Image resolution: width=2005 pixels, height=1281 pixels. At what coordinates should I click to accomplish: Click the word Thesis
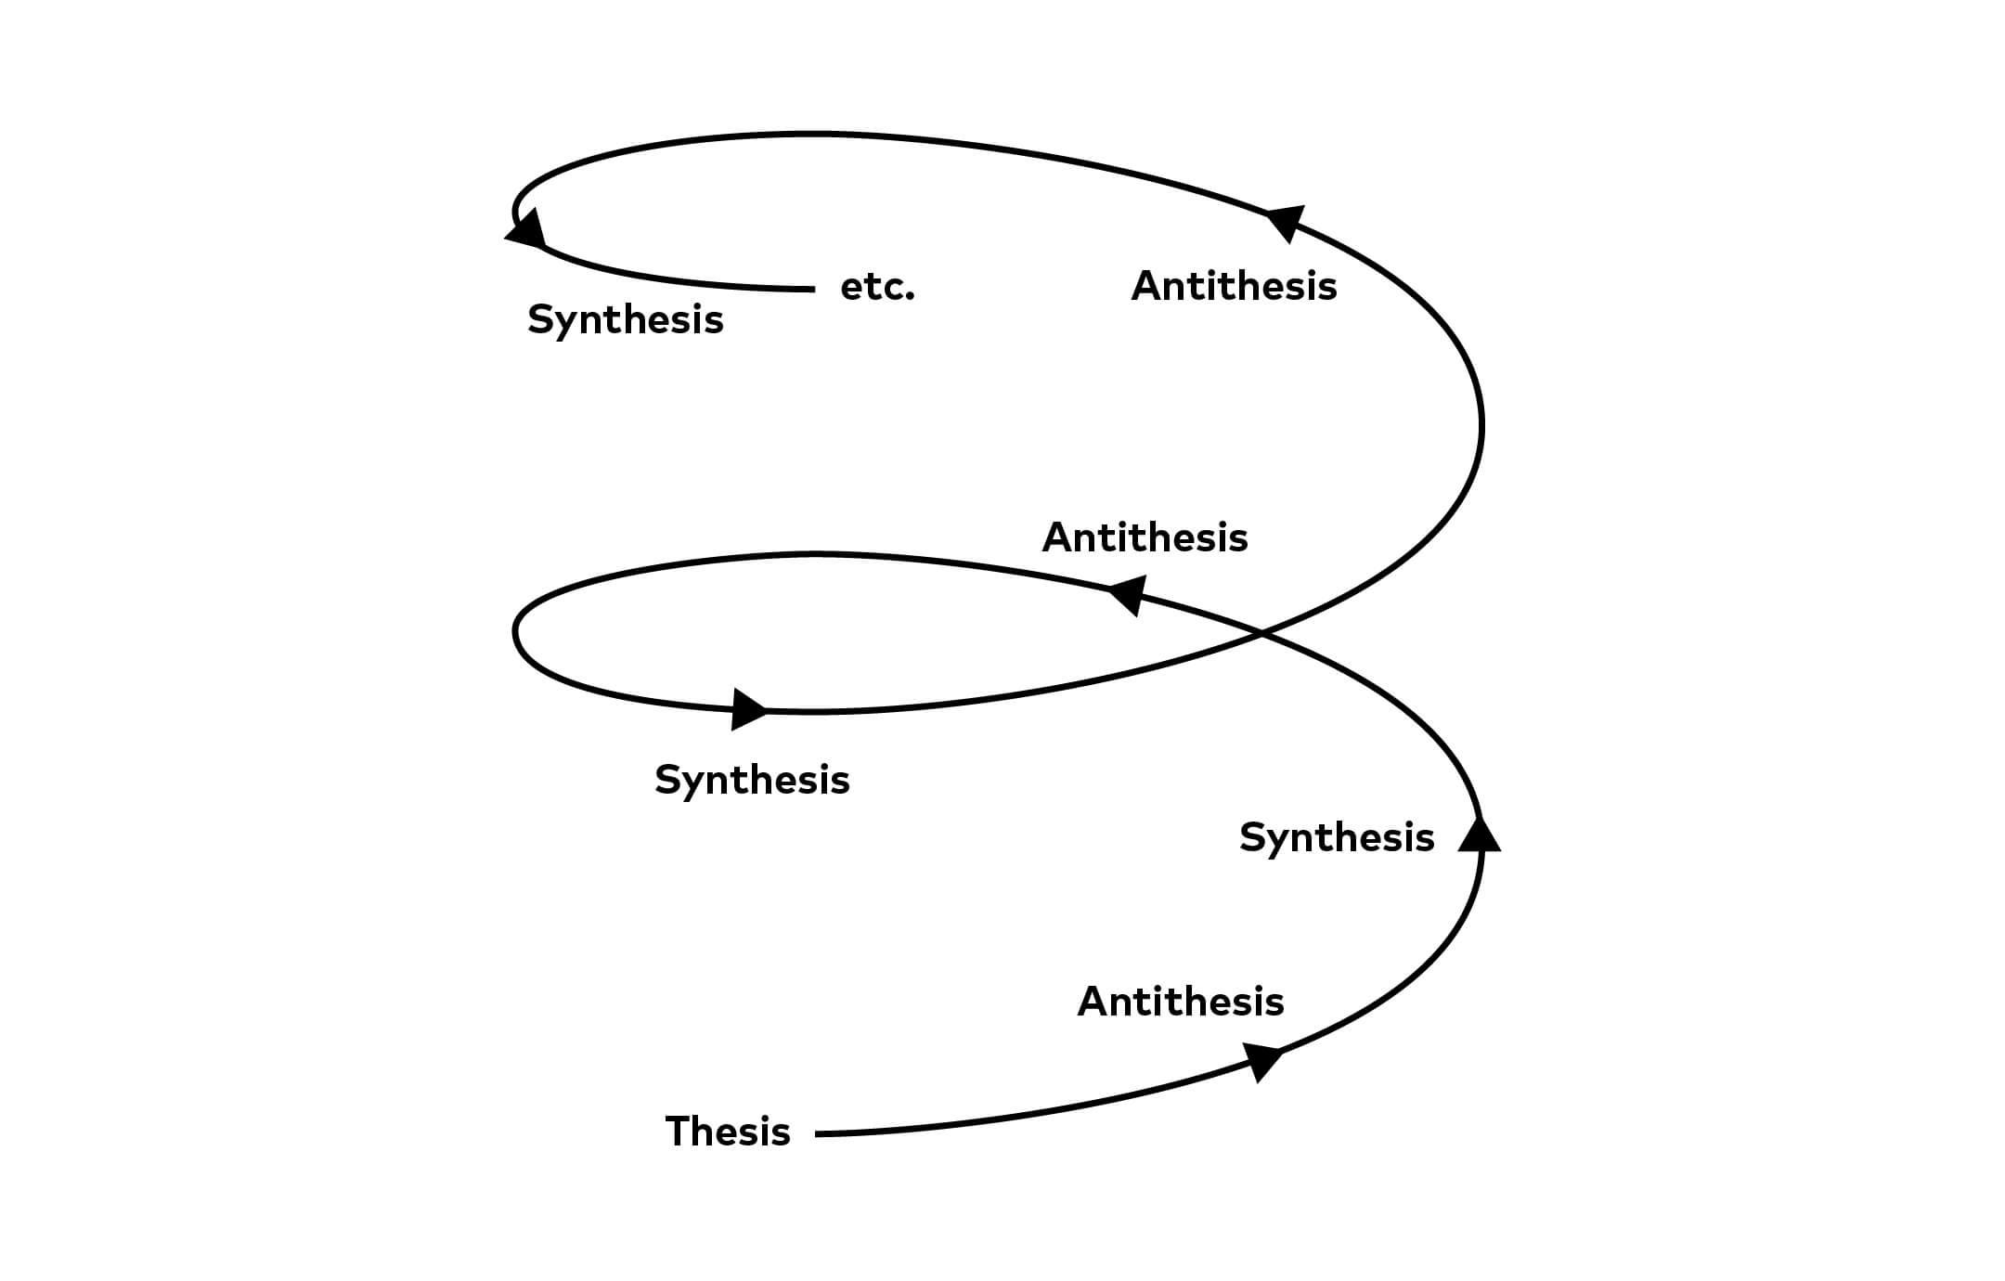(728, 1132)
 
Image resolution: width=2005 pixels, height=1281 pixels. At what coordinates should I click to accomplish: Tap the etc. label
(877, 287)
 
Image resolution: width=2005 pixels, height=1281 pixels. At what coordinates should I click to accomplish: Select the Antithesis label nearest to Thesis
(1181, 1002)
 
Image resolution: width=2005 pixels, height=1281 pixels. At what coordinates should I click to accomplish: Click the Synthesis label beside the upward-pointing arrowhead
(1337, 837)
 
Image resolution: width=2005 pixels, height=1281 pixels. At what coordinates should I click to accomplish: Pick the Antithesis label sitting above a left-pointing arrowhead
(1145, 537)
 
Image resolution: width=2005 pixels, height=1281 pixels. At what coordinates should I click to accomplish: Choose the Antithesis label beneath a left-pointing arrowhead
(1234, 286)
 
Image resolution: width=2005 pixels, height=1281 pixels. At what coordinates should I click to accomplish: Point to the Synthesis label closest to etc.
(625, 319)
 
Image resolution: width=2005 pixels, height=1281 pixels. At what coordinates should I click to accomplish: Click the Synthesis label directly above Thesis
(752, 780)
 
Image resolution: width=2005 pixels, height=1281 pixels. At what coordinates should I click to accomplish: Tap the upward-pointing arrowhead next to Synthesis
(1479, 833)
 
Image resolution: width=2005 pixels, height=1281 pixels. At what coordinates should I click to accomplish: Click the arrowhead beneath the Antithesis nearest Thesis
(1262, 1060)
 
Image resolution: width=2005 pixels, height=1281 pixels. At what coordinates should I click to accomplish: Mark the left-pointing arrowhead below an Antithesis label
(1129, 594)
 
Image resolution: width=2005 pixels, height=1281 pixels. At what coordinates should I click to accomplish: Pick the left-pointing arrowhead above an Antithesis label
(1287, 222)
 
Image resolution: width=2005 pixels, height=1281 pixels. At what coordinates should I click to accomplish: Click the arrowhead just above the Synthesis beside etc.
(526, 228)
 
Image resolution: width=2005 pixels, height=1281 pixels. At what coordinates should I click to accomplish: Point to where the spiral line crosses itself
(1261, 634)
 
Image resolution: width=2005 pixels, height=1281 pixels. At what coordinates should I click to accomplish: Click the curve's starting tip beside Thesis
(818, 1133)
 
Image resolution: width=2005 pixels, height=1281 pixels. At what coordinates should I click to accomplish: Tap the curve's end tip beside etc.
(812, 290)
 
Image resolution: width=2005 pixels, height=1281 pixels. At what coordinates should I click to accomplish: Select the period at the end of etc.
(911, 298)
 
